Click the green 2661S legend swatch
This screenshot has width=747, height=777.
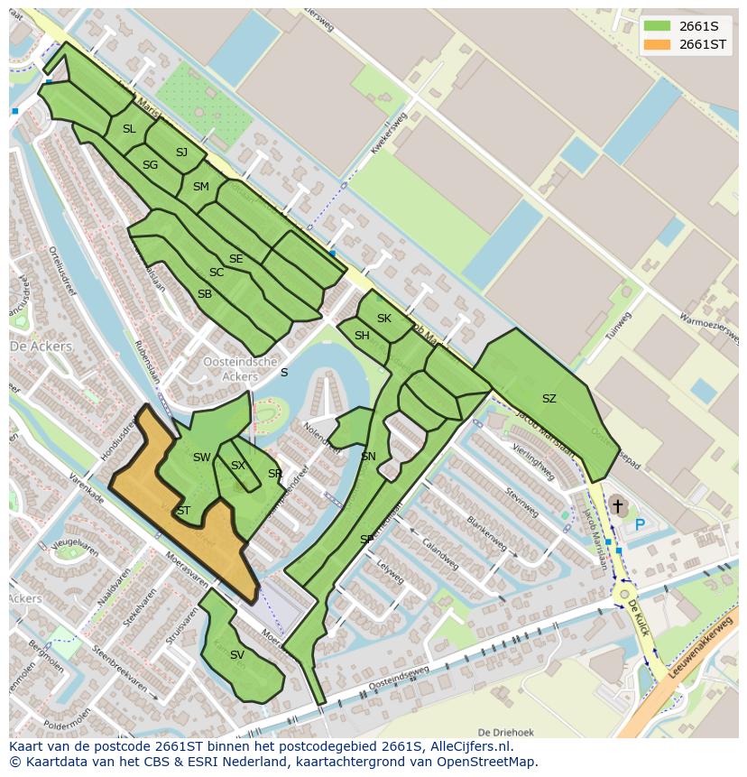coord(658,26)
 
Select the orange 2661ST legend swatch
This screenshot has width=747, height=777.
coord(658,44)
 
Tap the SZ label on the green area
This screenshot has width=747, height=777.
coord(549,399)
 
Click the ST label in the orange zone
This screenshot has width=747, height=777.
coord(183,511)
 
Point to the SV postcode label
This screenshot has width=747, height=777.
coord(236,655)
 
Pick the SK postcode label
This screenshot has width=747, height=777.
coord(384,319)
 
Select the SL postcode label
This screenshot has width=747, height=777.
coord(129,129)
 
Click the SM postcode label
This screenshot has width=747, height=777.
coord(200,187)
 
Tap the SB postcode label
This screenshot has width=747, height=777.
coord(205,294)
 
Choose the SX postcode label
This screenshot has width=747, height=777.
coord(237,466)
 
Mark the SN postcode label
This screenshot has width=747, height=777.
coord(368,457)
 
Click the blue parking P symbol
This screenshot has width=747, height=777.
coord(640,524)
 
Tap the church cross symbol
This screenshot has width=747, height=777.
coord(618,506)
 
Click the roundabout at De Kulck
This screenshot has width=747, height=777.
coord(623,595)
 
